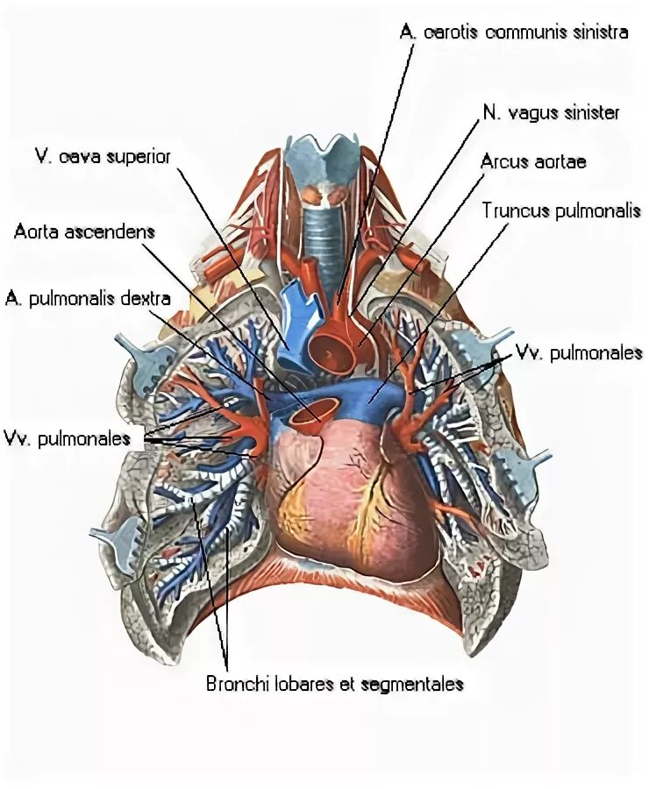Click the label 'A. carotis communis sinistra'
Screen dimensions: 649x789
click(x=513, y=32)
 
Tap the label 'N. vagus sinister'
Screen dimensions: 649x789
click(x=550, y=113)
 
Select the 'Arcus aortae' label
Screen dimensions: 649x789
click(x=532, y=163)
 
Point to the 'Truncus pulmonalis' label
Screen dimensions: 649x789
click(x=561, y=211)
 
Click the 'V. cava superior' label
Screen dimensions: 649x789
click(x=102, y=156)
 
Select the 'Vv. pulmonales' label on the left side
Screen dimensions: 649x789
click(x=67, y=437)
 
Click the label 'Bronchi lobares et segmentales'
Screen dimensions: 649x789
click(x=333, y=683)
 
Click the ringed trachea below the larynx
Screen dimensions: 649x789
click(x=324, y=237)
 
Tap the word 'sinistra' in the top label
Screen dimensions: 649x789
click(x=599, y=32)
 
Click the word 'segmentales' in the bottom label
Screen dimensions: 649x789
click(x=417, y=683)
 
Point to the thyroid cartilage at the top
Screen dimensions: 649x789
click(x=325, y=158)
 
